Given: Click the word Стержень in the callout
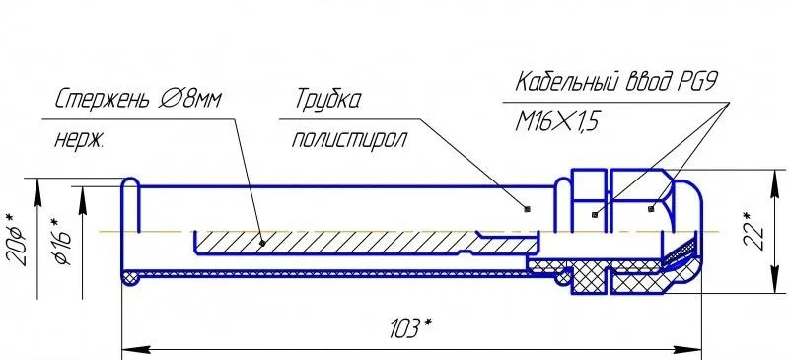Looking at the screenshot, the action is pyautogui.click(x=103, y=100).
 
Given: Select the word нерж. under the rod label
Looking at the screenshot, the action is pyautogui.click(x=79, y=139).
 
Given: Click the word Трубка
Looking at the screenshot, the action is pyautogui.click(x=327, y=100).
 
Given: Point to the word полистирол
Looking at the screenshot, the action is pyautogui.click(x=349, y=139).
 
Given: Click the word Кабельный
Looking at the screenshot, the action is pyautogui.click(x=569, y=81).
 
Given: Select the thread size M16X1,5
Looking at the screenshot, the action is pyautogui.click(x=557, y=122).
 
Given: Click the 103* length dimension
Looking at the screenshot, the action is pyautogui.click(x=411, y=329).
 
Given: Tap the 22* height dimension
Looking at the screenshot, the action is pyautogui.click(x=753, y=232).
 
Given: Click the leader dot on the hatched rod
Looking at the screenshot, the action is pyautogui.click(x=262, y=243).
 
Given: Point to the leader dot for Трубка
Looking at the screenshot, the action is pyautogui.click(x=527, y=208).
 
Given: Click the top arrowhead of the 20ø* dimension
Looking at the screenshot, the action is pyautogui.click(x=37, y=191).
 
